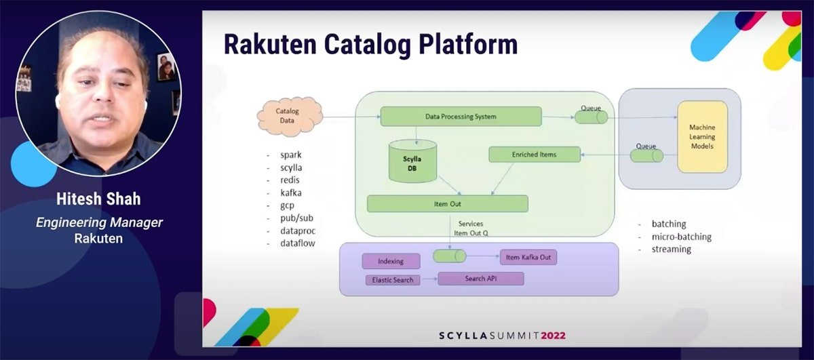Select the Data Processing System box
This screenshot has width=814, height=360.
point(461,117)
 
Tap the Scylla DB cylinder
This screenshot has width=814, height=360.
point(416,162)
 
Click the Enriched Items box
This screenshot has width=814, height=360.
point(535,155)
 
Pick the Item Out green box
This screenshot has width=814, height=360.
point(447,203)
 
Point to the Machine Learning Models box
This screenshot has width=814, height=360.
point(702,136)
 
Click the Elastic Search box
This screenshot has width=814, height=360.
point(393,280)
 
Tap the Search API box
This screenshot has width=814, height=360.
point(480,279)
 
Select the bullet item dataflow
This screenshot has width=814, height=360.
point(298,243)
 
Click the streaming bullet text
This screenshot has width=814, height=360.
point(671,249)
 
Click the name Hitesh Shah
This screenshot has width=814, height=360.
point(98,199)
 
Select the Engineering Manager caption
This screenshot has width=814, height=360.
point(99,222)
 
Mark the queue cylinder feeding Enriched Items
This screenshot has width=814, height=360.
point(646,156)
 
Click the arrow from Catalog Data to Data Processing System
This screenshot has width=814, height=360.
point(351,117)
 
